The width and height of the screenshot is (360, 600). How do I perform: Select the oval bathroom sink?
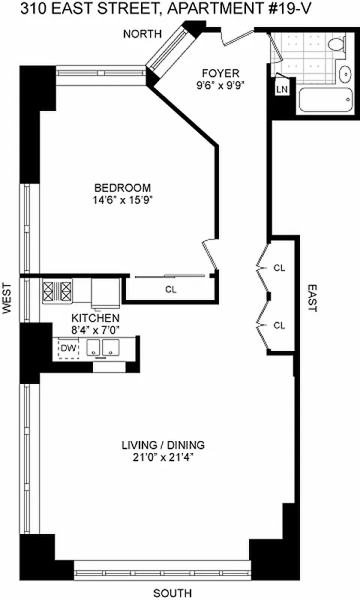point(345,74)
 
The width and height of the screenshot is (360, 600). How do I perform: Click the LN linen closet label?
point(282,90)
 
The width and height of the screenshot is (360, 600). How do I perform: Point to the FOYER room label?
point(221,73)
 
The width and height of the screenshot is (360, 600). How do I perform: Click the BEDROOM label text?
point(122,187)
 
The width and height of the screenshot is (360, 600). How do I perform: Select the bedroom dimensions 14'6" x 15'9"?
point(122,200)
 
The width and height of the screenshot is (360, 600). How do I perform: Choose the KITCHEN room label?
point(94,318)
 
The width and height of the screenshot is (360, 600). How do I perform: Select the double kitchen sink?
point(102,348)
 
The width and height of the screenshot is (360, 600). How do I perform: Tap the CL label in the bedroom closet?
point(170,289)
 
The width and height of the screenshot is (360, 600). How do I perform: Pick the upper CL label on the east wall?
point(280,267)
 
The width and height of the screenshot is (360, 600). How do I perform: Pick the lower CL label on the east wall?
point(280,325)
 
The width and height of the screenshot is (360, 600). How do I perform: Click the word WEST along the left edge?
point(7,298)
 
